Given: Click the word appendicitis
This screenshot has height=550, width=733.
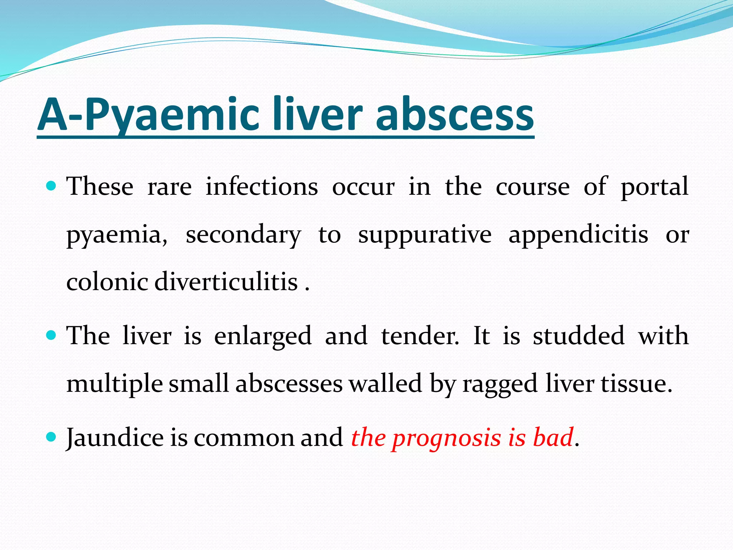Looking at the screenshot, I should pyautogui.click(x=578, y=235).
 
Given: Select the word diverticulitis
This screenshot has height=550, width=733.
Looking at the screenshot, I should pyautogui.click(x=226, y=281).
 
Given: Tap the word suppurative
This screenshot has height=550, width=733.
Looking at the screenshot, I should pyautogui.click(x=425, y=235).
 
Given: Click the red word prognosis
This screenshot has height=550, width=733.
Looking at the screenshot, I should pyautogui.click(x=446, y=438).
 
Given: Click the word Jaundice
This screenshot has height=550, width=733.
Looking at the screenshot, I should pyautogui.click(x=115, y=438).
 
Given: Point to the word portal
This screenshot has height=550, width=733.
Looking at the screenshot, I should pyautogui.click(x=654, y=187).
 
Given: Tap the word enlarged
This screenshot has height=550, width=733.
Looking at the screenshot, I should pyautogui.click(x=263, y=336).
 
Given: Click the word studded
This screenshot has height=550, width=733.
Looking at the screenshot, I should pyautogui.click(x=579, y=336).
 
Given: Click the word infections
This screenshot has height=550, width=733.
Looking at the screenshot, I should pyautogui.click(x=262, y=187).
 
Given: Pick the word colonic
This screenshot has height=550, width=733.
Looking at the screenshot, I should pyautogui.click(x=107, y=281).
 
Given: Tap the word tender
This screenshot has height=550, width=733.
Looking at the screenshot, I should pyautogui.click(x=420, y=336).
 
